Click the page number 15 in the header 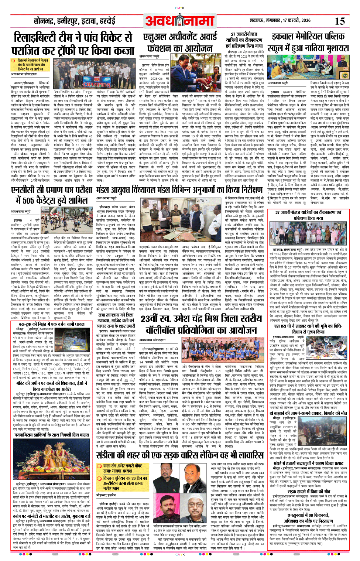pyautogui.click(x=340, y=21)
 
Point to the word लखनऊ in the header pyautogui.click(x=258, y=21)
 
